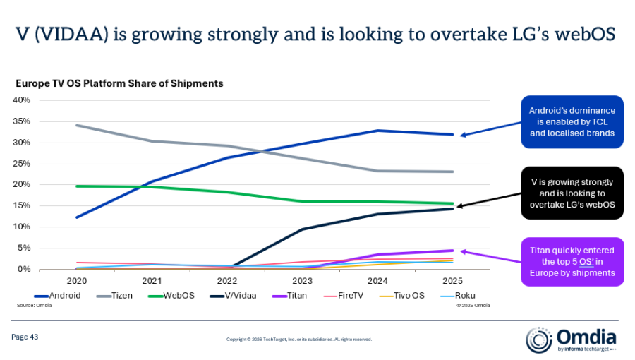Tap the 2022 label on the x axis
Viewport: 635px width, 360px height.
(x=227, y=280)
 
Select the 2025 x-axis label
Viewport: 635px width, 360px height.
(x=452, y=280)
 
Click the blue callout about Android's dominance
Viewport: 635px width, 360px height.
(x=572, y=121)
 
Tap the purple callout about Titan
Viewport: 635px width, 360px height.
(x=572, y=261)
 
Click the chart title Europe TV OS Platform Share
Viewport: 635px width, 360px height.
(x=119, y=83)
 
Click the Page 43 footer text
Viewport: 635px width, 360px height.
(x=25, y=337)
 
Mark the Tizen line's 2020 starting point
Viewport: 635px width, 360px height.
(x=77, y=126)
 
